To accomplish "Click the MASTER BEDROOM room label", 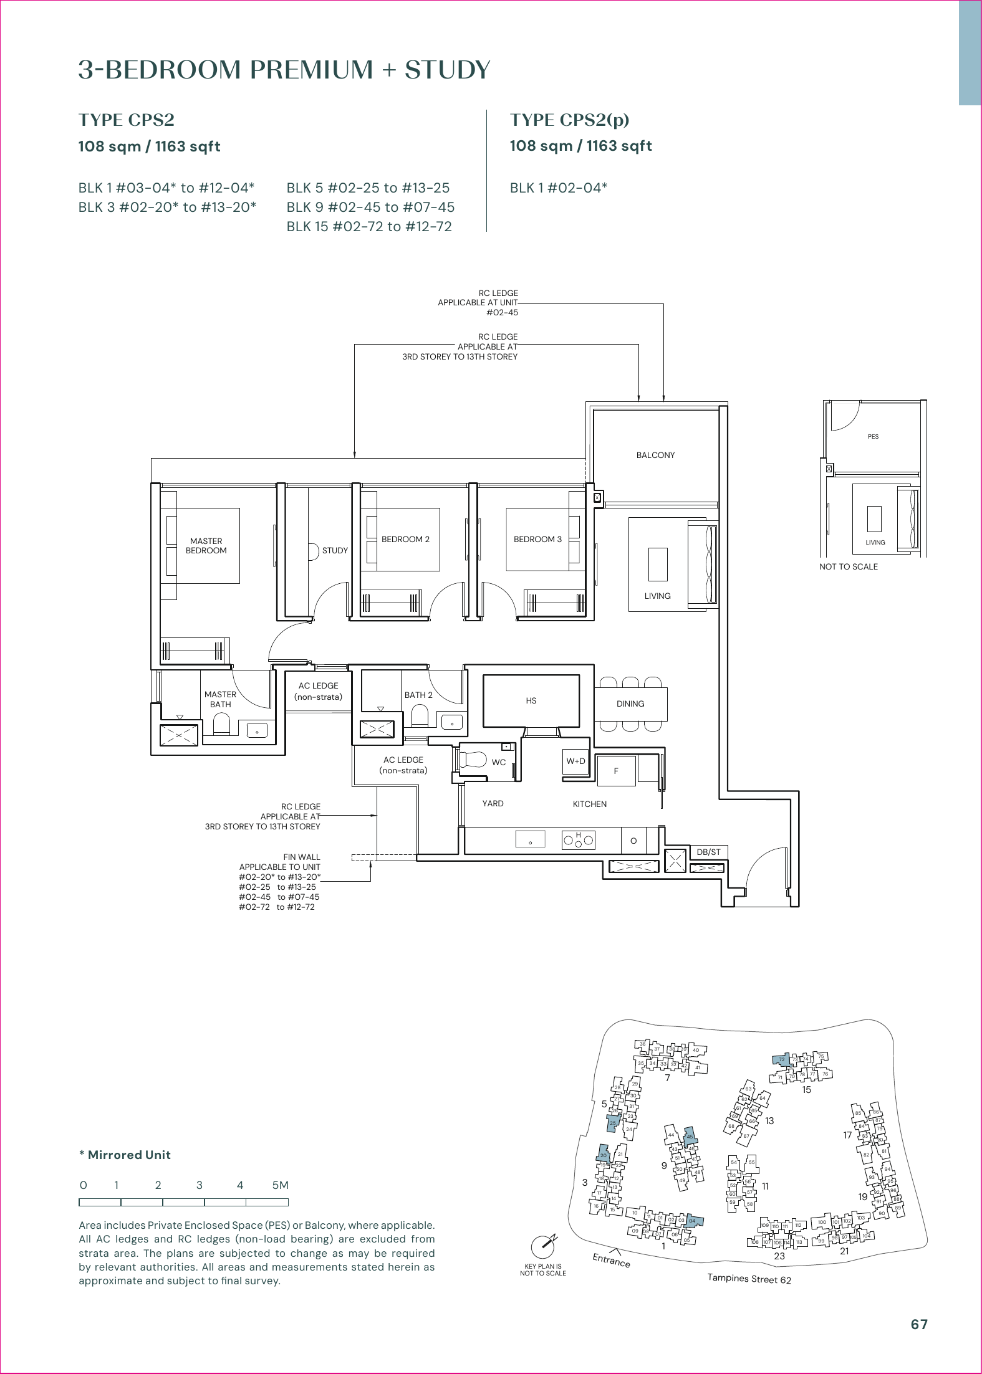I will coord(206,546).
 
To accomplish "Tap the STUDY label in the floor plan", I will coord(335,551).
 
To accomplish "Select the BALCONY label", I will coord(655,456).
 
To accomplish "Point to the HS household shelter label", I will coord(531,701).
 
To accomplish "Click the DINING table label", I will coord(630,704).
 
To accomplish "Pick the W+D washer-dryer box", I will coord(575,761).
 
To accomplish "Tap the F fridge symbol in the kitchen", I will coord(616,771).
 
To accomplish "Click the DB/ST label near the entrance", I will coord(708,852).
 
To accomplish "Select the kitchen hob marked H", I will coord(578,841).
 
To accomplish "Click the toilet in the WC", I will coord(474,760).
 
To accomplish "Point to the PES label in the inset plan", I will coord(873,437).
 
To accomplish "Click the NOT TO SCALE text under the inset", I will coord(848,567).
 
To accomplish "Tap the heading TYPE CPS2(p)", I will coord(569,120).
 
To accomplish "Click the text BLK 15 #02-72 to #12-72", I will coord(369,227).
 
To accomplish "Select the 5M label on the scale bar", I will coord(280,1185).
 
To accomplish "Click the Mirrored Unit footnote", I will coord(125,1155).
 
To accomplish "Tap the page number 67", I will coord(919,1325).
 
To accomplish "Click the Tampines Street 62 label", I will coord(749,1279).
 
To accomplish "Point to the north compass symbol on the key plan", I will coord(543,1246).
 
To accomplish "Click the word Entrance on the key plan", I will coord(611,1261).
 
